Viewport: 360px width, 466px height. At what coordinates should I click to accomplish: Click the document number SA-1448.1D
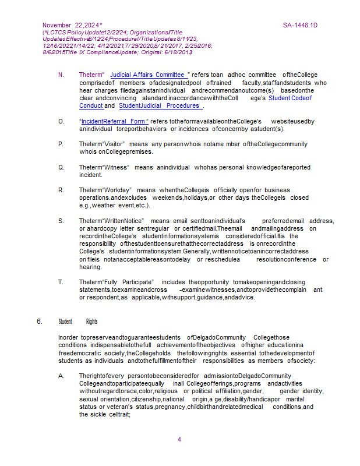coord(300,26)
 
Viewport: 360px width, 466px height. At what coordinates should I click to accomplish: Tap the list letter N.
coord(61,75)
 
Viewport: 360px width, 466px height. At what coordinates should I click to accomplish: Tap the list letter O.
coord(61,121)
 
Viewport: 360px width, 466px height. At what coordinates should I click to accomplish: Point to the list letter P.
coord(61,144)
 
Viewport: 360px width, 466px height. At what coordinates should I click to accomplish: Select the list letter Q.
coord(61,167)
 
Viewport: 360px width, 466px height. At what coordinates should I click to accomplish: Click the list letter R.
coord(61,190)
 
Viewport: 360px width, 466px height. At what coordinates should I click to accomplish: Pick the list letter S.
coord(61,221)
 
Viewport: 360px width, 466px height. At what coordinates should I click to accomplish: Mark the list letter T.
coord(61,282)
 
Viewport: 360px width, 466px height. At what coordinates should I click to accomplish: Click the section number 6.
coord(39,321)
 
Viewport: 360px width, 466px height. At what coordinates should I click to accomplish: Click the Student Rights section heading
coord(78,321)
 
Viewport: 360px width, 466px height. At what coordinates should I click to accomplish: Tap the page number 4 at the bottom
coord(179,439)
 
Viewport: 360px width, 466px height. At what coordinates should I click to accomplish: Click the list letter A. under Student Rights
coord(61,376)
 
